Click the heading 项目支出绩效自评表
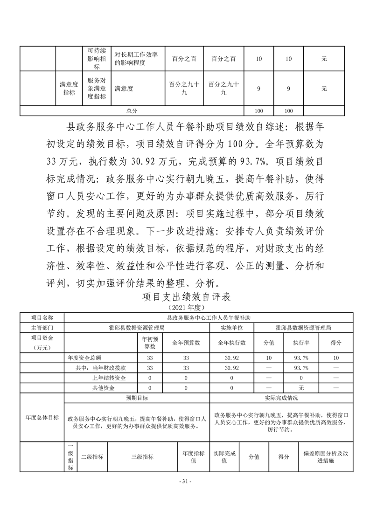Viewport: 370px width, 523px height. [x=185, y=297]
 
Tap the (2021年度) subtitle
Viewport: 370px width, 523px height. [x=185, y=308]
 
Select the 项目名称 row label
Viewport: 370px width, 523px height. [x=42, y=317]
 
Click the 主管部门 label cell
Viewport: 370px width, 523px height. [x=42, y=328]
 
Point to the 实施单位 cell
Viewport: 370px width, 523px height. [x=231, y=328]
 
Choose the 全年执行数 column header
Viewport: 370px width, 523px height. [x=231, y=343]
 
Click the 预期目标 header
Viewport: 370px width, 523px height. [x=137, y=398]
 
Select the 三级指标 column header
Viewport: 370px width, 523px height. [x=142, y=457]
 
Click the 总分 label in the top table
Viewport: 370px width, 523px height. [x=132, y=111]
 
